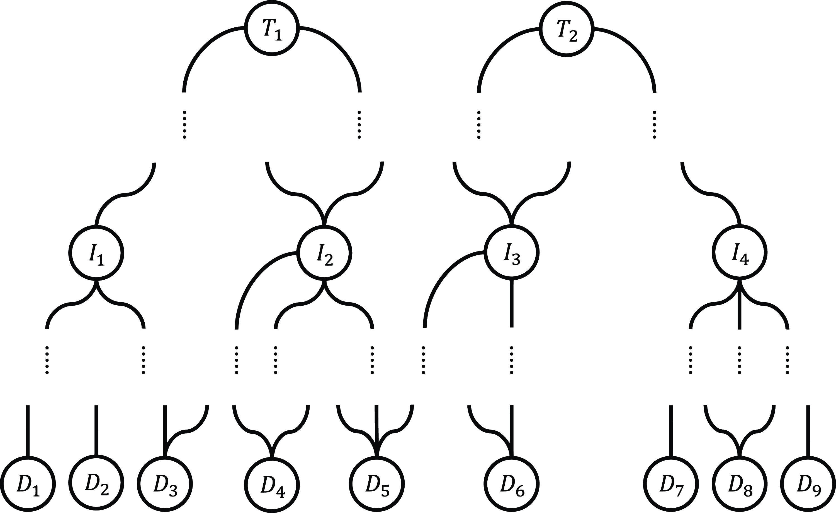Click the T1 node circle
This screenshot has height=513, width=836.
point(272,28)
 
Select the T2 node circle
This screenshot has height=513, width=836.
point(567,28)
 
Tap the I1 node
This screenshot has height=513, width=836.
point(96,253)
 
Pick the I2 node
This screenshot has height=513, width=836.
point(324,253)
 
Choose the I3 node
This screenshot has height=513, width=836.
point(512,253)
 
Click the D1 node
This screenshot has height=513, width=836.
point(28,484)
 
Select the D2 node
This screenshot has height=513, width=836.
point(96,484)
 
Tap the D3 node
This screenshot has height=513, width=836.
point(165,484)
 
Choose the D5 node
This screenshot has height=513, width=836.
point(376,484)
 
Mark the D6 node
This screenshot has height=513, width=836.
point(512,484)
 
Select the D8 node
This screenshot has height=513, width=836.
point(740,484)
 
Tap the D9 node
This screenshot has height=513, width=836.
point(808,484)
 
